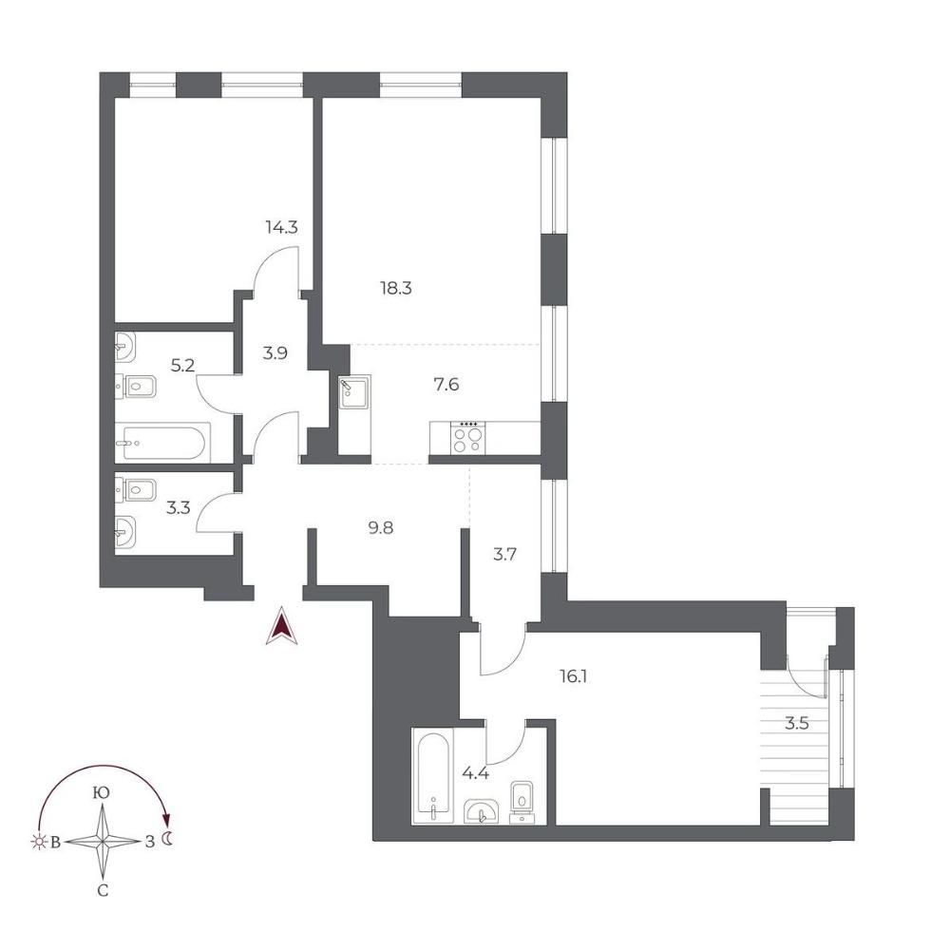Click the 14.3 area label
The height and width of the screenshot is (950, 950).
tap(281, 228)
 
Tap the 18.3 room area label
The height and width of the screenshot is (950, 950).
tap(395, 289)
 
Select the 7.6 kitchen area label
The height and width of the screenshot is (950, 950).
tap(446, 384)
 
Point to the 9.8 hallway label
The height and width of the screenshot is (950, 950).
tap(381, 527)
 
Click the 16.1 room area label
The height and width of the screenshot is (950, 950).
tap(573, 676)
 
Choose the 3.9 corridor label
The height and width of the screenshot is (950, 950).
tap(275, 352)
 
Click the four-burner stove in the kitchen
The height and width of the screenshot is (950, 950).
tap(467, 437)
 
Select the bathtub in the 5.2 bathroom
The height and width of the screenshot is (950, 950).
tap(163, 443)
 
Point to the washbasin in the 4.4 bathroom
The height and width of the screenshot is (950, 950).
tap(482, 811)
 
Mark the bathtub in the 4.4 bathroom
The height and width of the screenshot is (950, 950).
tap(432, 776)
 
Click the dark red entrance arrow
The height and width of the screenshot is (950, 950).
tap(282, 626)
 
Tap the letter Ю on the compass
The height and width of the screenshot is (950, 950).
tap(102, 793)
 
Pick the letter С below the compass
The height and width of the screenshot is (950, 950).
tap(103, 891)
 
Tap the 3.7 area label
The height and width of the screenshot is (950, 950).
tap(504, 554)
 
